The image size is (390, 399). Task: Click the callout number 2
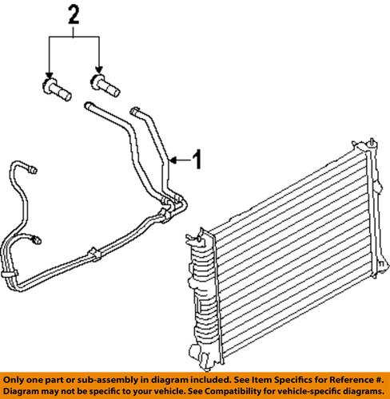click(x=74, y=13)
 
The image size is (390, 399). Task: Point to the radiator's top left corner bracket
click(x=194, y=237)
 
